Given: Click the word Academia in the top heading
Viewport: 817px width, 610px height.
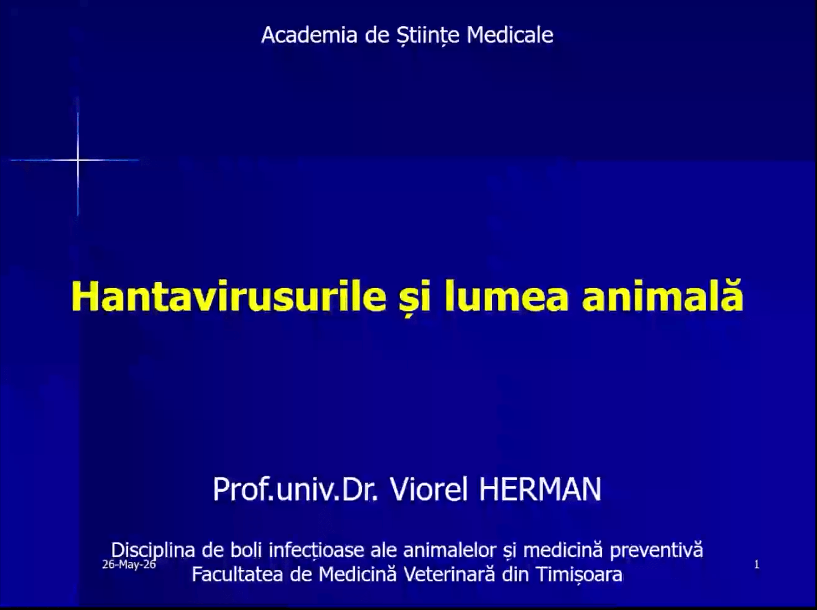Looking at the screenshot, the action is (x=309, y=35).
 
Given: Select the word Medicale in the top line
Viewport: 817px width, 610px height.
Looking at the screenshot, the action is (x=510, y=35).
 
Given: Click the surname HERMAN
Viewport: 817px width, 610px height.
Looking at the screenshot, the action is (x=540, y=489).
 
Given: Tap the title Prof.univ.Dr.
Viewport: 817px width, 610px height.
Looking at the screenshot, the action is (x=295, y=489).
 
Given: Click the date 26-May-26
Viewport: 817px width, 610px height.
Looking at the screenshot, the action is (x=129, y=565).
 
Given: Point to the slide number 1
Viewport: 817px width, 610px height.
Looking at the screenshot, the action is (x=756, y=565).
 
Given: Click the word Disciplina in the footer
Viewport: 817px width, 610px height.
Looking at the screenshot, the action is (x=153, y=550).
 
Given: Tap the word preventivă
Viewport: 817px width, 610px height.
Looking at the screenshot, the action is (x=656, y=550).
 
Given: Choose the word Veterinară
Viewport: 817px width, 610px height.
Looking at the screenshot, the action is (x=449, y=574).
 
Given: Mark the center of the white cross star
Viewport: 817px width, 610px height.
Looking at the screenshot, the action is (x=78, y=160).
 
